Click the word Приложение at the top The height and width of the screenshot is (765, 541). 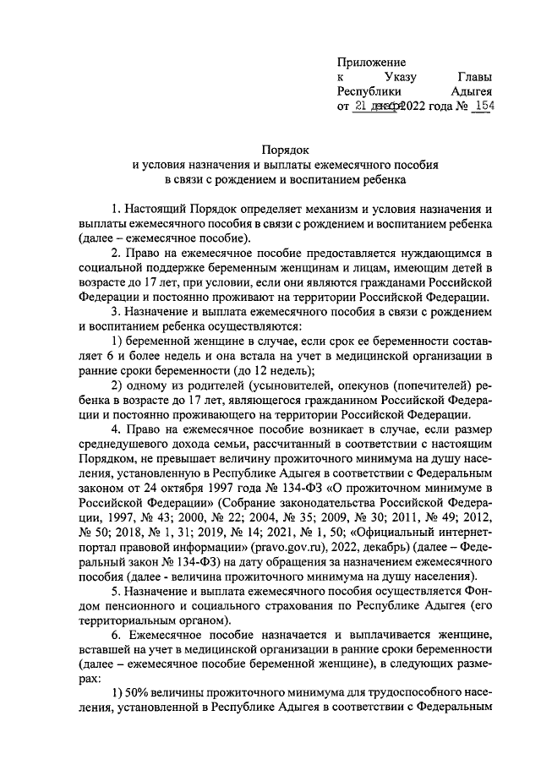tap(372, 62)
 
